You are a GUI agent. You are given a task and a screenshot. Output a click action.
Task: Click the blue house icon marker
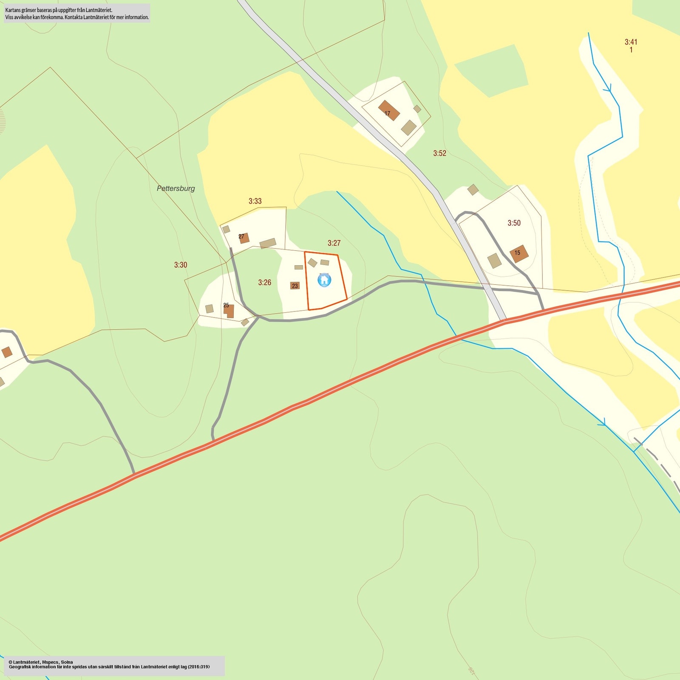pos(324,280)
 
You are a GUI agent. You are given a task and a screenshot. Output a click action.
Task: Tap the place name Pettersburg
pos(176,188)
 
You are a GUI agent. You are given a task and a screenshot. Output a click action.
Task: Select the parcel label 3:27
pos(334,243)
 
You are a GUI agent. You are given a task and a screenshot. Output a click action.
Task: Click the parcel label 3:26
pos(264,283)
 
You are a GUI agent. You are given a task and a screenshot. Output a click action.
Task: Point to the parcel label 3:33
pos(255,201)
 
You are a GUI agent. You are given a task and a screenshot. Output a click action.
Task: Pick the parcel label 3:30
pos(181,265)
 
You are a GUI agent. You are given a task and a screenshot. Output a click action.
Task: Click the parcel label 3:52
pos(439,153)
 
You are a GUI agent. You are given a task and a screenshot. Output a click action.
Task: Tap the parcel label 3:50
pos(514,223)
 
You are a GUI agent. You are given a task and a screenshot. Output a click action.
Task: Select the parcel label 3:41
pos(631,42)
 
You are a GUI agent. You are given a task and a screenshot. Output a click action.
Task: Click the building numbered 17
pos(389,110)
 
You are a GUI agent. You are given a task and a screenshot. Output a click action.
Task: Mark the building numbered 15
pos(519,253)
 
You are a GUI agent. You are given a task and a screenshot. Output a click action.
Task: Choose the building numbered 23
pos(295,286)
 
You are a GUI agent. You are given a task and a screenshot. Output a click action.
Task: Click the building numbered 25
pos(229,310)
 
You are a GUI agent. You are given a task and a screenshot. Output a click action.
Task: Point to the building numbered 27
pos(244,238)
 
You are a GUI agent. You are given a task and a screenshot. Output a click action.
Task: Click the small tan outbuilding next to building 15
pos(494,261)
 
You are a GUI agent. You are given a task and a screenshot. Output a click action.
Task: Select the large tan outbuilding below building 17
pos(409,127)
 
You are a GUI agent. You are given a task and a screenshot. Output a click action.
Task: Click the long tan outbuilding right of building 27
pos(268,244)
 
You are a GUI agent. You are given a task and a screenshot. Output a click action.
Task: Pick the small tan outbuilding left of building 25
pos(209,309)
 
